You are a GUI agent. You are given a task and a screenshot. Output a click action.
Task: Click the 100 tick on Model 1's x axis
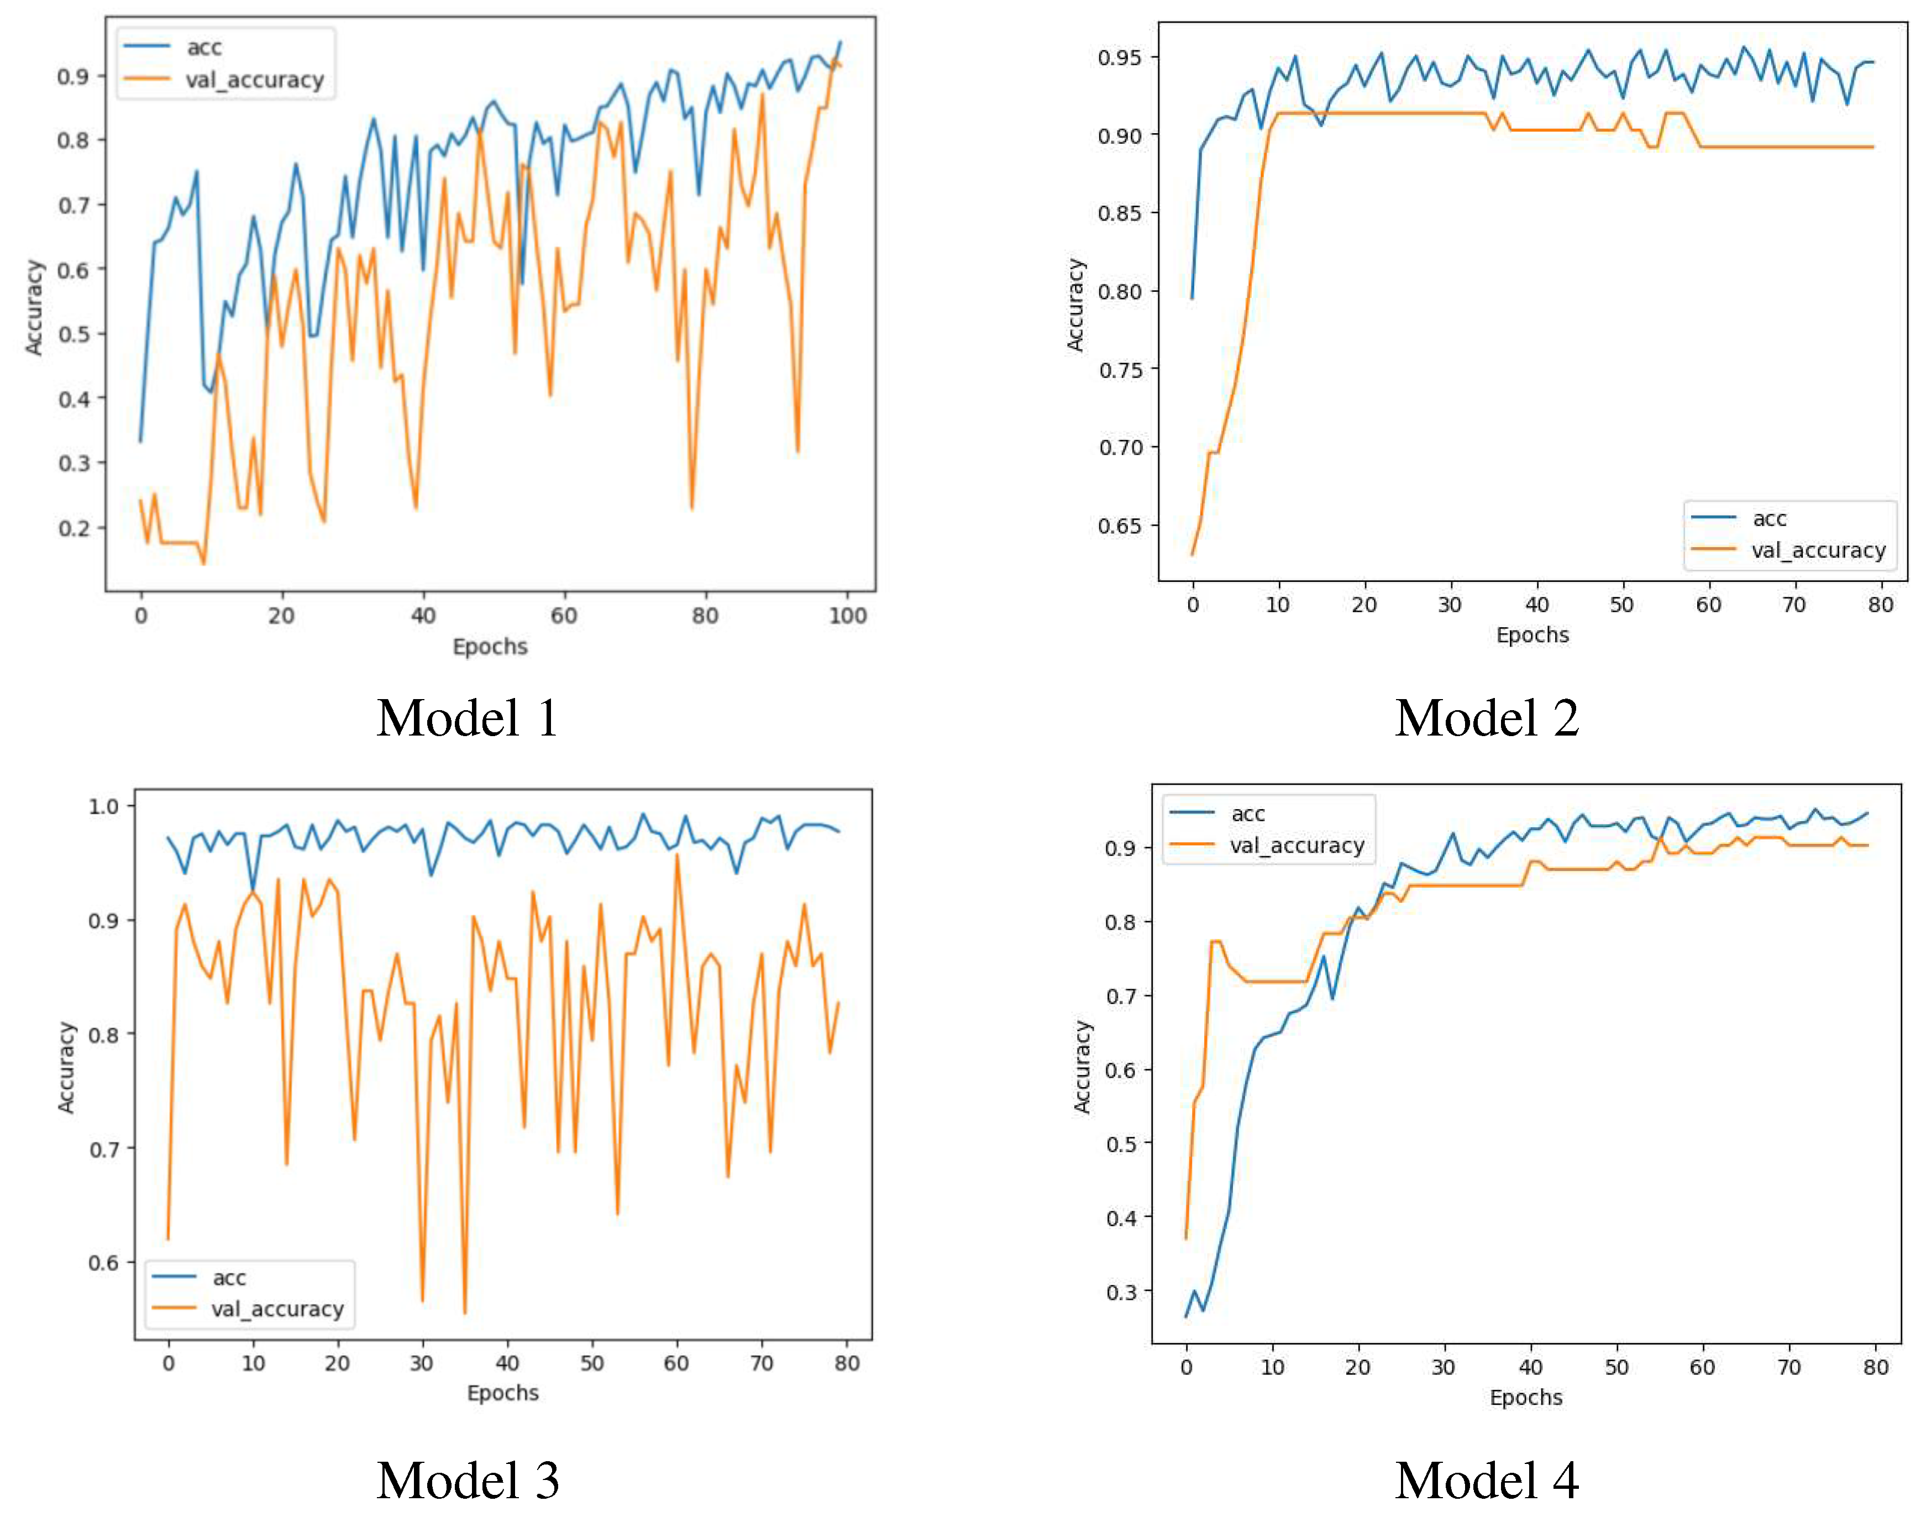(x=847, y=616)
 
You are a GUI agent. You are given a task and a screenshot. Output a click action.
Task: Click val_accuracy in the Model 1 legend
(x=254, y=80)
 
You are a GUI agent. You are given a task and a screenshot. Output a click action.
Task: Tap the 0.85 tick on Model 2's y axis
(x=1119, y=213)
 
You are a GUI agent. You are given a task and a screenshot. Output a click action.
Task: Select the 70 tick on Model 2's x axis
(x=1793, y=605)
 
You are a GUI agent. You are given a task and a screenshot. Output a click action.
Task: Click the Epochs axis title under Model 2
(x=1532, y=634)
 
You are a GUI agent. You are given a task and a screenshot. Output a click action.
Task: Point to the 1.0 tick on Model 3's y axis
(x=104, y=806)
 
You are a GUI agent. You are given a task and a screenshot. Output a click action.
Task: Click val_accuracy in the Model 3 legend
(x=277, y=1309)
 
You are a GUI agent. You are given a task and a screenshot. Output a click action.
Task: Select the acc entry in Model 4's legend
(x=1247, y=813)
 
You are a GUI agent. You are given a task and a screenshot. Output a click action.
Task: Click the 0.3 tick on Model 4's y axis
(x=1121, y=1292)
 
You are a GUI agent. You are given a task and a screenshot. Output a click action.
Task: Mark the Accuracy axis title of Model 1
(x=34, y=307)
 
